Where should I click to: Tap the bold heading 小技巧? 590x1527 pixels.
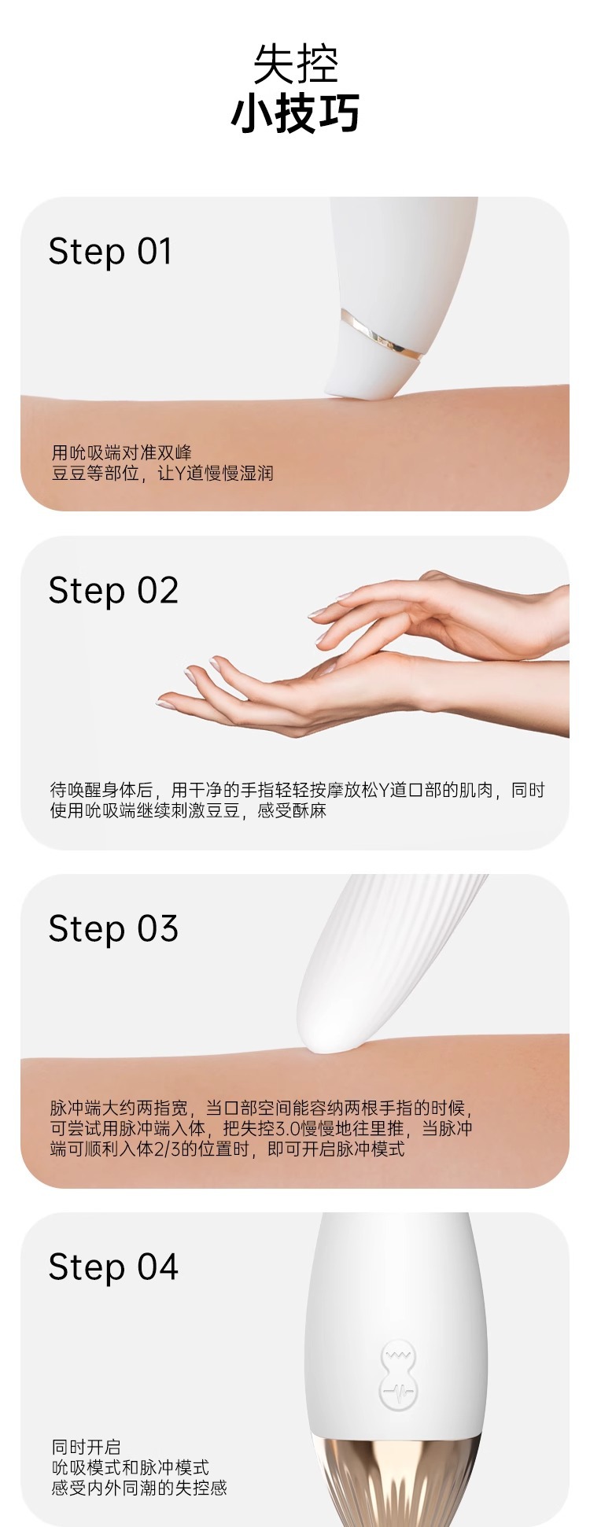[x=295, y=113]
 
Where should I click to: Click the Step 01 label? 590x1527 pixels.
[x=110, y=252]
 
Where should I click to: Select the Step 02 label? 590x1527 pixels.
[x=113, y=591]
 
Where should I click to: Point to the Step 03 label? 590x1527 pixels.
[x=113, y=929]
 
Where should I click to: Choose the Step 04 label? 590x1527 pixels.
[x=113, y=1267]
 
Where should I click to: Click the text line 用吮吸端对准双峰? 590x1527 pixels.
[x=122, y=452]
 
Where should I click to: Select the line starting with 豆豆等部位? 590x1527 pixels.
[x=162, y=473]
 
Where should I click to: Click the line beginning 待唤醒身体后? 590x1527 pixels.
[x=297, y=790]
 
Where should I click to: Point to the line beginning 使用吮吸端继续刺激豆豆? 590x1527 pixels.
[x=188, y=810]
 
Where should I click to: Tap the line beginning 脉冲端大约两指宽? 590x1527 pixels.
[x=260, y=1108]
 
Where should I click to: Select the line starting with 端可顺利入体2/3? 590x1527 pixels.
[x=227, y=1149]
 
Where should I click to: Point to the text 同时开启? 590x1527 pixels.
[x=87, y=1446]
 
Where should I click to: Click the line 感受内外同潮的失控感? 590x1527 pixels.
[x=139, y=1487]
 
